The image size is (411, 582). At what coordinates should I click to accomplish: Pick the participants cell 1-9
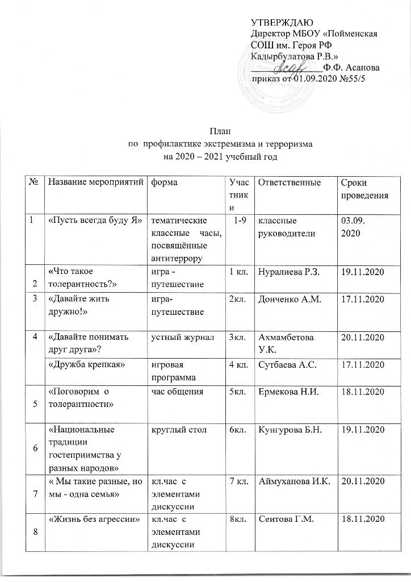click(x=240, y=220)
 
